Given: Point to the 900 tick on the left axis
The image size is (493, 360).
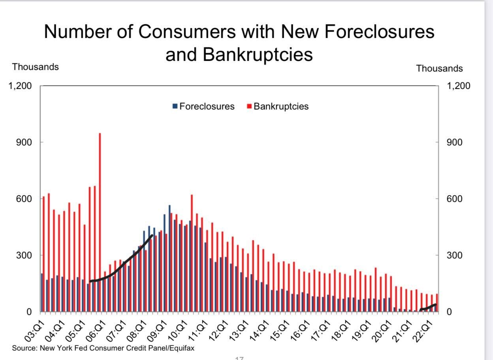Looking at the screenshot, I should [x=24, y=142].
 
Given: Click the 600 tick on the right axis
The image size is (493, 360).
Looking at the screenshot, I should [x=454, y=199].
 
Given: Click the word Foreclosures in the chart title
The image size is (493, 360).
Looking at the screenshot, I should [x=379, y=32].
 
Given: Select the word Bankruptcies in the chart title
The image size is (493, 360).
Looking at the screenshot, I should [x=258, y=55].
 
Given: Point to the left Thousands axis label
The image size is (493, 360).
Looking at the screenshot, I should [x=35, y=67].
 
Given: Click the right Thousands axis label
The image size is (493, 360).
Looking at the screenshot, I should [x=439, y=68].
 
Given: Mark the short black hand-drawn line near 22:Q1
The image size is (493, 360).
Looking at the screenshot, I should [x=427, y=307].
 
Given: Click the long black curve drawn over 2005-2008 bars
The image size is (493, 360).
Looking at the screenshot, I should [x=122, y=263].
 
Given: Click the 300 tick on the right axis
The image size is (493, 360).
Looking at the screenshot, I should [x=454, y=255].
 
